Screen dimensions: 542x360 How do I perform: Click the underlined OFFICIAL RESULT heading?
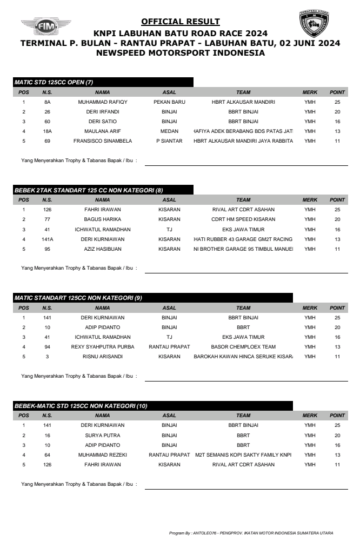[x=180, y=22]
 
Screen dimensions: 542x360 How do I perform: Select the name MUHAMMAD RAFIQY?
[x=102, y=102]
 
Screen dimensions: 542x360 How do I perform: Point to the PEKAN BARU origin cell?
[x=169, y=102]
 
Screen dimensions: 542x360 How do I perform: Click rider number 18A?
[x=47, y=131]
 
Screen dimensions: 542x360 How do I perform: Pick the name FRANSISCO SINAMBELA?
[x=102, y=141]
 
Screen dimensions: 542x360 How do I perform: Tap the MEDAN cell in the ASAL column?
[x=169, y=131]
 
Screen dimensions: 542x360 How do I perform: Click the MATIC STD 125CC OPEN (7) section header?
[x=54, y=82]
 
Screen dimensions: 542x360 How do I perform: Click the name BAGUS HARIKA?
[x=102, y=219]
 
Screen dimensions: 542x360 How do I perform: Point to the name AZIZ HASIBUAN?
[x=102, y=249]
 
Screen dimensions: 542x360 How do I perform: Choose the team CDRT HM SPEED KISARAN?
[x=243, y=219]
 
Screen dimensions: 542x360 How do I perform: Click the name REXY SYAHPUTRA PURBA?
[x=102, y=347]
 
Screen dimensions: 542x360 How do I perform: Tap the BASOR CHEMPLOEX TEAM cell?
[x=243, y=347]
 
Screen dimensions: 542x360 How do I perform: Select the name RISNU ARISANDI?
[x=102, y=357]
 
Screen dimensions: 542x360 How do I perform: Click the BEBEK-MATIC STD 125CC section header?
[x=81, y=406]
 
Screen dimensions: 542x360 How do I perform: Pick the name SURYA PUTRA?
[x=102, y=435]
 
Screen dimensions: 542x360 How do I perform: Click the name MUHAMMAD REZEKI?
[x=102, y=455]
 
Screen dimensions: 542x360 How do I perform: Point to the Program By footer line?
[x=251, y=533]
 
